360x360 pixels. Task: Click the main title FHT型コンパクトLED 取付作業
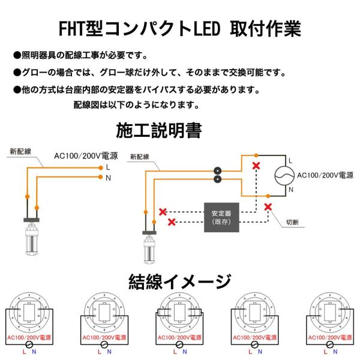click(x=180, y=29)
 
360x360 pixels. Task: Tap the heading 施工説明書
click(x=159, y=130)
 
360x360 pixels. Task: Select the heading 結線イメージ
click(x=180, y=281)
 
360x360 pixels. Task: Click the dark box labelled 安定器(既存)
click(x=221, y=217)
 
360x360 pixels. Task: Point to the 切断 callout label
click(x=292, y=222)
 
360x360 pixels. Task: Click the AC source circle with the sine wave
click(x=284, y=175)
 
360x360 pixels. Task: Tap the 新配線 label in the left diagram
click(x=20, y=151)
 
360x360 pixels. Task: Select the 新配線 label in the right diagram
click(x=140, y=157)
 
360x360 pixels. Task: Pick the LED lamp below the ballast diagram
click(x=149, y=248)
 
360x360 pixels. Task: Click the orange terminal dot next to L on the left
click(x=101, y=168)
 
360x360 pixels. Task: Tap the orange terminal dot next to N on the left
click(x=101, y=177)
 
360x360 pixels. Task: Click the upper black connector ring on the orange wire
click(x=217, y=171)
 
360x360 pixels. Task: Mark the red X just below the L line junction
click(x=256, y=166)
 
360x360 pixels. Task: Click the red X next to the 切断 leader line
click(x=268, y=207)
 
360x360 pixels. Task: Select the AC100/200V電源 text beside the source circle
click(x=325, y=175)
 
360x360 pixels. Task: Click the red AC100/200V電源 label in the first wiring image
click(x=29, y=337)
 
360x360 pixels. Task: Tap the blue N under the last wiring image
click(x=335, y=352)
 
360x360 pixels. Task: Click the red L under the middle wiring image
click(x=175, y=352)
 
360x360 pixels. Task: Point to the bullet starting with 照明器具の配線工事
click(x=80, y=55)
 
